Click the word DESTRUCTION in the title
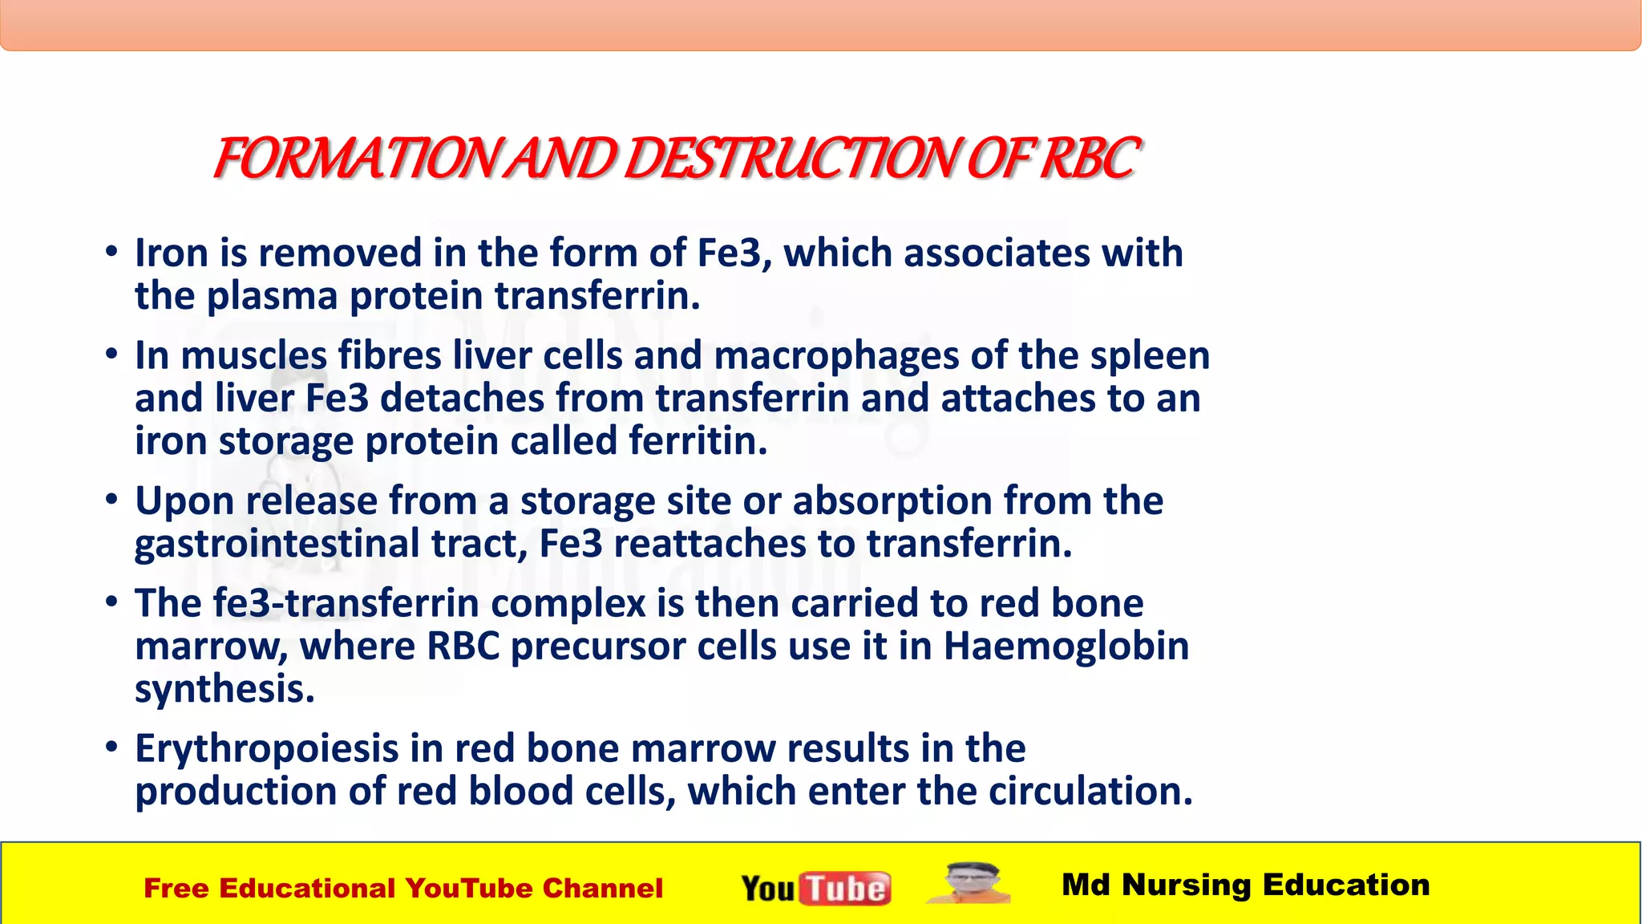pyautogui.click(x=790, y=159)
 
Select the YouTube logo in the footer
pyautogui.click(x=815, y=888)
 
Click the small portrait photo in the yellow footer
pyautogui.click(x=969, y=884)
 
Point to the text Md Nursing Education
pyautogui.click(x=1245, y=885)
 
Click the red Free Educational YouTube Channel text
pyautogui.click(x=403, y=889)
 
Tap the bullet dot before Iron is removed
pyautogui.click(x=112, y=252)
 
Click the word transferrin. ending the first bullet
pyautogui.click(x=597, y=296)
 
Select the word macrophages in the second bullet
pyautogui.click(x=836, y=356)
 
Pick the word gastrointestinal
pyautogui.click(x=277, y=544)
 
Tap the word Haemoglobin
pyautogui.click(x=1066, y=646)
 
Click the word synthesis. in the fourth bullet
pyautogui.click(x=224, y=689)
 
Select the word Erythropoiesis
pyautogui.click(x=267, y=749)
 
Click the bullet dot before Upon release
pyautogui.click(x=112, y=500)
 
